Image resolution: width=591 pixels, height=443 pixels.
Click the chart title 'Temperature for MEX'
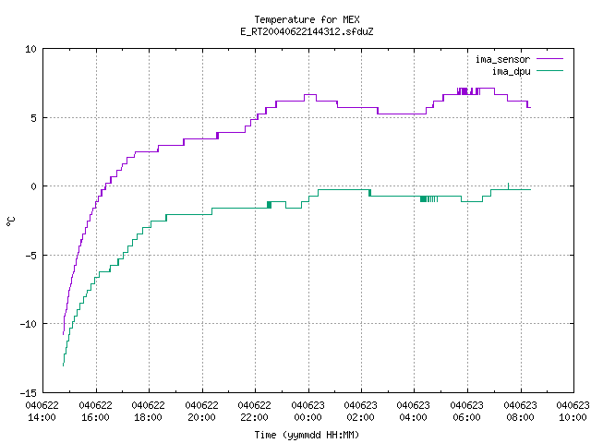307,19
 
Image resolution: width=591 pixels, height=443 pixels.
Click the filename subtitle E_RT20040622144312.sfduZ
307,31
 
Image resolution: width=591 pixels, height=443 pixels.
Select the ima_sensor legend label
502,59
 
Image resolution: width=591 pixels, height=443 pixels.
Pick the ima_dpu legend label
511,71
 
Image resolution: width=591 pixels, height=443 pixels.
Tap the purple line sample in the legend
549,59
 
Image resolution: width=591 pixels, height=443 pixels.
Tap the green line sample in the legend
549,71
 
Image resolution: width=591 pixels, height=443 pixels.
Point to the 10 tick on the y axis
30,49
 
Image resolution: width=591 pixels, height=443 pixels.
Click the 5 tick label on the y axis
34,118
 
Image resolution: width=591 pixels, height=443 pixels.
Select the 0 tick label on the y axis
34,186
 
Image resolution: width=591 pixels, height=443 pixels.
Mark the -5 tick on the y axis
30,256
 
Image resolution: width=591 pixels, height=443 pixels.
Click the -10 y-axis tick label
29,324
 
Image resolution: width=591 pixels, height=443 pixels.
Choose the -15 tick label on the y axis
29,393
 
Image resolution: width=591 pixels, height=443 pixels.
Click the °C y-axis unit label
10,221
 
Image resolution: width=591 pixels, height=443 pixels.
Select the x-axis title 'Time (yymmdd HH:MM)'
307,435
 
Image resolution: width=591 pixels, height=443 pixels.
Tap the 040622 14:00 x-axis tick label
42,412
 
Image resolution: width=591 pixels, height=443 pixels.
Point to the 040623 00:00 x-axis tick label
308,412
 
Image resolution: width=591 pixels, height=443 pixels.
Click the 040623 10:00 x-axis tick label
573,412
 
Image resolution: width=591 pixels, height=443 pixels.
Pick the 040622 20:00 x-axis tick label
201,412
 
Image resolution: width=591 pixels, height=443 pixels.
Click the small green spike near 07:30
509,186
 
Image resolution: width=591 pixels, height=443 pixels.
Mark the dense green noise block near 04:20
423,199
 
